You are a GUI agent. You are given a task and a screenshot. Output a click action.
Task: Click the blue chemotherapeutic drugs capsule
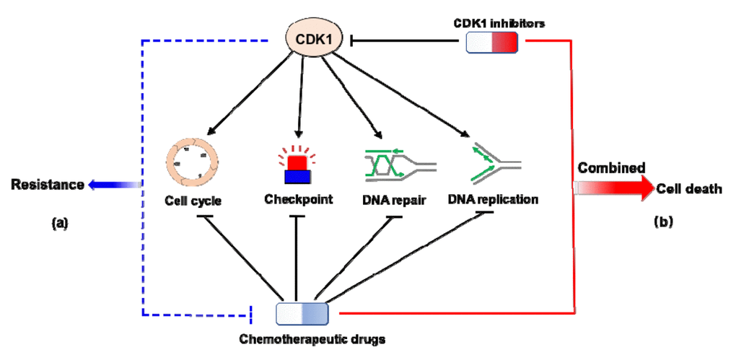pos(302,313)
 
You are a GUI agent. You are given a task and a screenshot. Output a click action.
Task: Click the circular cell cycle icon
pos(191,163)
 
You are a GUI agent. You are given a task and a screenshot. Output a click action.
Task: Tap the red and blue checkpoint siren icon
pos(297,164)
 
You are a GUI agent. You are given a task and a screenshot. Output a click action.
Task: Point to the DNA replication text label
pos(493,198)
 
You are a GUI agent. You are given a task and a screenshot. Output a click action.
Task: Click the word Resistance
pos(47,185)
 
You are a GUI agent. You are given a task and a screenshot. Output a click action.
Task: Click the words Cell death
pos(689,189)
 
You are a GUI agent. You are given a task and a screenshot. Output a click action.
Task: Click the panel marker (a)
pos(59,223)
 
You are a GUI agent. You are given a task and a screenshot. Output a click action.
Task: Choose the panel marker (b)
pos(662,221)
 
